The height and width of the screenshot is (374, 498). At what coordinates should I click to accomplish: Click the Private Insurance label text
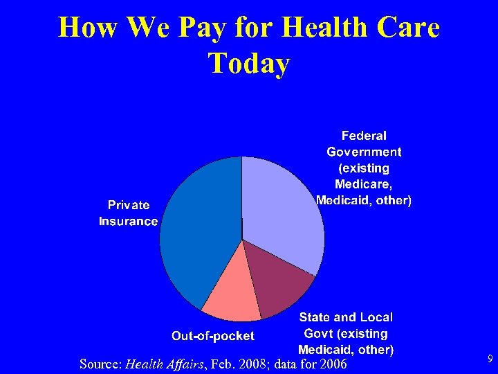[128, 213]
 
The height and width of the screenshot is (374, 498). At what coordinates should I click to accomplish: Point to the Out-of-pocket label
[213, 336]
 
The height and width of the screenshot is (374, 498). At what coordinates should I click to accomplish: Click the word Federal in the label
[364, 136]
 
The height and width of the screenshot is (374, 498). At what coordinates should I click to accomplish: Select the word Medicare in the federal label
[363, 184]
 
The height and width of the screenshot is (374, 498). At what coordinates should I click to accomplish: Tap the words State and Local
[346, 317]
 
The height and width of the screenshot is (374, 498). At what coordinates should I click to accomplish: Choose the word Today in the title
[248, 64]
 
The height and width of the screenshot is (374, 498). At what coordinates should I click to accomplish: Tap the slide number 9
[490, 359]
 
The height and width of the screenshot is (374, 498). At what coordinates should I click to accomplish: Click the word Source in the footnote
[100, 364]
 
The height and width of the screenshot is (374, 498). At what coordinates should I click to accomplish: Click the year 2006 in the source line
[333, 364]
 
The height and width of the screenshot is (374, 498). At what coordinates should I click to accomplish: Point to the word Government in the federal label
[364, 152]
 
